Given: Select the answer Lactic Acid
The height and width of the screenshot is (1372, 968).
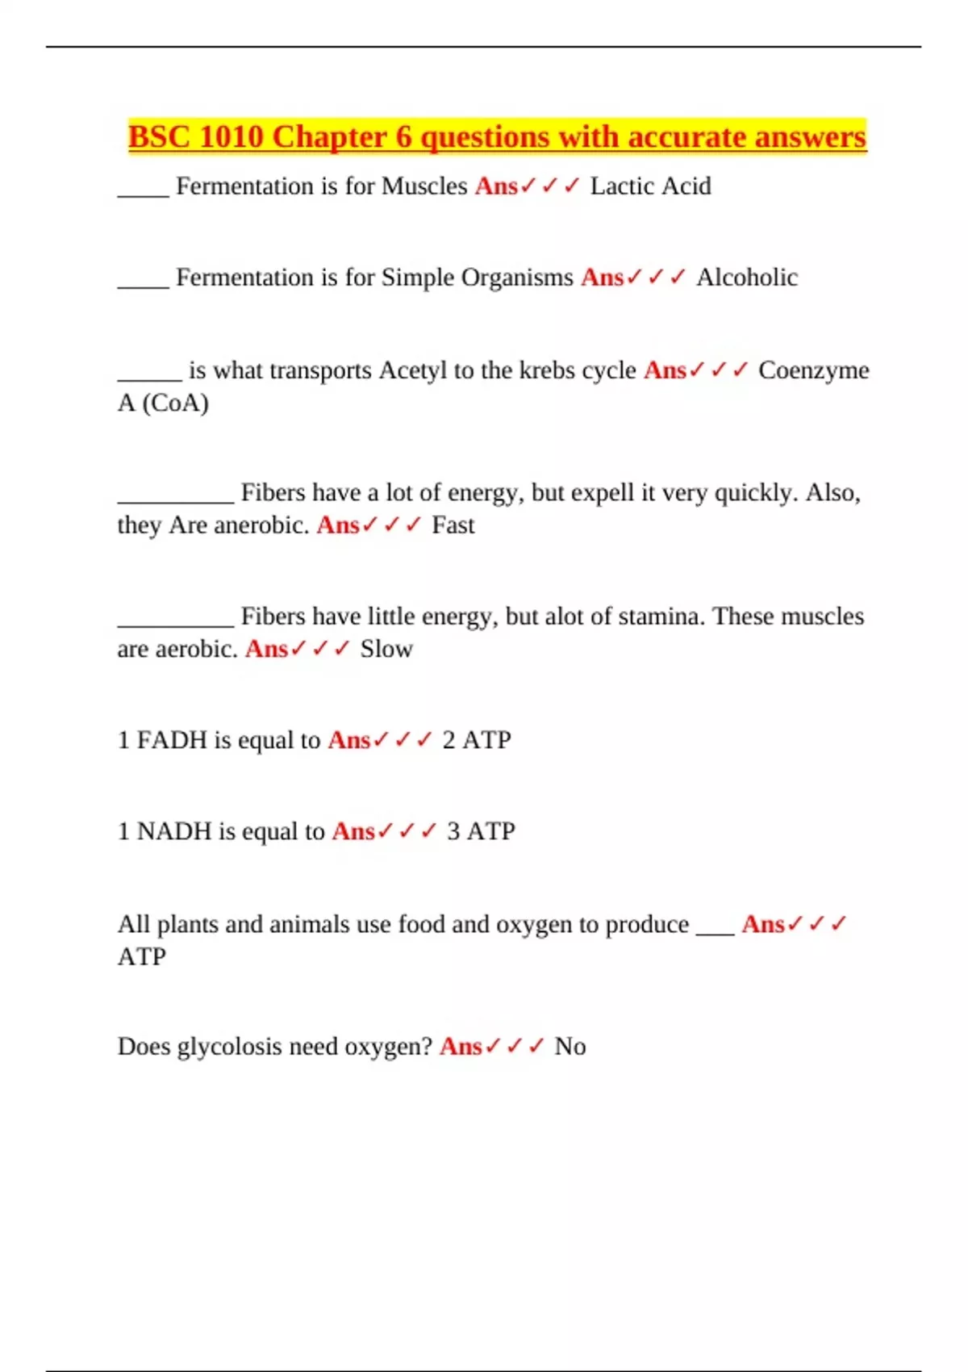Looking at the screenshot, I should pos(650,186).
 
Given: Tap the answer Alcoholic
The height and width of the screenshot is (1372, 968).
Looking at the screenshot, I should pos(747,278).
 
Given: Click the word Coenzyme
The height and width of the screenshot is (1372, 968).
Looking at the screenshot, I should pos(814,370).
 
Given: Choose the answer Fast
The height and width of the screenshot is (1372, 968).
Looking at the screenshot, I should pos(453,525).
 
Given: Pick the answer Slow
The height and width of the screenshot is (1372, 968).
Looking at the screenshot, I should pos(386,649).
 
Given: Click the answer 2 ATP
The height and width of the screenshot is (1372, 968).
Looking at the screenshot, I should pos(476,740).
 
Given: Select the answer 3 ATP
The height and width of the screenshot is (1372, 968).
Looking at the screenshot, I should pos(481,831).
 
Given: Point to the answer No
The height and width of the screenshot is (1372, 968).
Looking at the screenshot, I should pos(570,1047).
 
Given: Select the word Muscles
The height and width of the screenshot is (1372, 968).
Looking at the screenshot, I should pos(424,186).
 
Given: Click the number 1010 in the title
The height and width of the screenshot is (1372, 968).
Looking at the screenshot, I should pos(231,137).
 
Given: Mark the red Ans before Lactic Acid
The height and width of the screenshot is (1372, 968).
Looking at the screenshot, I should pos(496,186).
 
